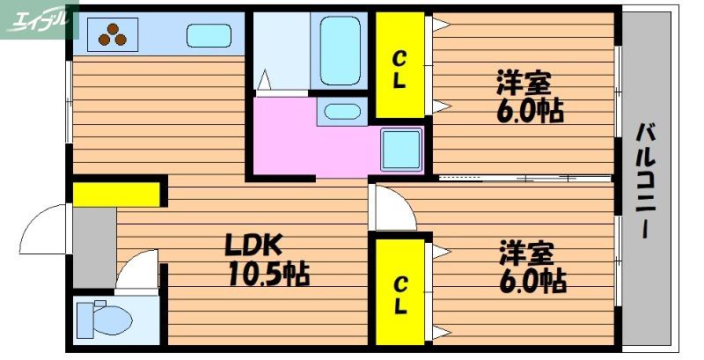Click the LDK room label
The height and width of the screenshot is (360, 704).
tap(253, 245)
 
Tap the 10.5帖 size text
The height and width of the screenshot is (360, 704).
tap(269, 274)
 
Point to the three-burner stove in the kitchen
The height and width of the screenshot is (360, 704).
tap(113, 34)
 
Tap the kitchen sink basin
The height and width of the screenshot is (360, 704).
tap(209, 35)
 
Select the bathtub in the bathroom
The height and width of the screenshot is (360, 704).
tap(341, 50)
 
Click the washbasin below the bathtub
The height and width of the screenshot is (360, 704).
tap(342, 112)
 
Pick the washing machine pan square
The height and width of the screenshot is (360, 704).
tap(401, 150)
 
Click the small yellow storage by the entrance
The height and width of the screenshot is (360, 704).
tap(116, 195)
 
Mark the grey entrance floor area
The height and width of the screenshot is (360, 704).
tap(94, 247)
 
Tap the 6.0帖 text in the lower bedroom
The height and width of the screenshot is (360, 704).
tap(533, 281)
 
